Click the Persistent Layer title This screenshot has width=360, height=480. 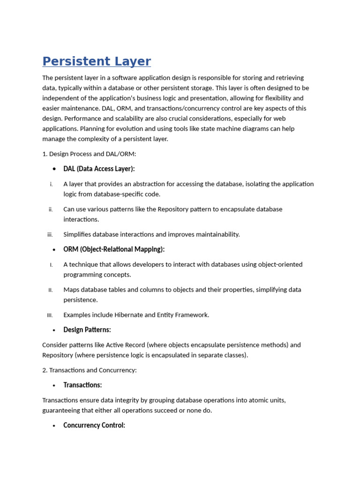click(97, 61)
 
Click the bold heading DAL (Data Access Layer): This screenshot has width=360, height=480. click(99, 169)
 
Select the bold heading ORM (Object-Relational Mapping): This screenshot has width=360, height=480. click(114, 249)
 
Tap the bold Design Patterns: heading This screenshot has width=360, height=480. click(87, 330)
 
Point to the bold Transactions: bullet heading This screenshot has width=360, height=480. click(82, 385)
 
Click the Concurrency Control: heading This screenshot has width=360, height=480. click(94, 426)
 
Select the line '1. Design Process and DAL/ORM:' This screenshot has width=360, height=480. click(89, 154)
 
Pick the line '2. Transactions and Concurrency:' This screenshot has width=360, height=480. click(90, 370)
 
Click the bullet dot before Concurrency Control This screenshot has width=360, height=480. click(55, 426)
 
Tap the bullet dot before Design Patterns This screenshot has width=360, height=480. click(55, 330)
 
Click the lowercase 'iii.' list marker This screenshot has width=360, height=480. click(50, 234)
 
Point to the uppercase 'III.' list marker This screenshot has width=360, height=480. click(50, 315)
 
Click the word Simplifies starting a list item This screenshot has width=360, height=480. click(77, 234)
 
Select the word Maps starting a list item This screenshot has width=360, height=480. click(71, 290)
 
